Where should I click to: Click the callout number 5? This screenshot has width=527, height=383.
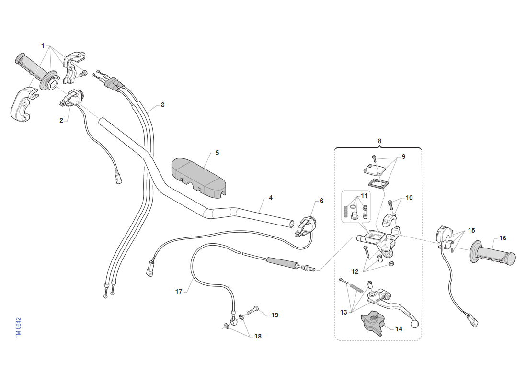coord(217,153)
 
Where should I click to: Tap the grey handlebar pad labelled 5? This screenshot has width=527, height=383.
coord(199,178)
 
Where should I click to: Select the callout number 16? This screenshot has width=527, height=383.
coord(503,238)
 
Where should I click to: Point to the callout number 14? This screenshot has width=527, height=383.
coord(399,329)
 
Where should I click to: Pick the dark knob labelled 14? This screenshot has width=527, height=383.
coord(372,323)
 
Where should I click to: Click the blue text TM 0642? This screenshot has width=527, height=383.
coord(19,328)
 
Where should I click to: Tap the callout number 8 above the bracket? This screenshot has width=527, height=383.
coord(379,141)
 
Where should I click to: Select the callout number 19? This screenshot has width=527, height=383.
coord(275,315)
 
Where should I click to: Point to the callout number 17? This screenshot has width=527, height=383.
coord(179,292)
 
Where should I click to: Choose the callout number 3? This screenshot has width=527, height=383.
coord(163,105)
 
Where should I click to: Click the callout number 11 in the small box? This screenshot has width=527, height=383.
coord(364,196)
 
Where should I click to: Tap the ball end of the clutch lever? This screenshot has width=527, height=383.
coord(415,324)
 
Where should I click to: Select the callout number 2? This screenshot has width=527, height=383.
coord(61,120)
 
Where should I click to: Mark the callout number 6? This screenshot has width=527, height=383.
coord(321,201)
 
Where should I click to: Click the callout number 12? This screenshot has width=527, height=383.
coord(355,271)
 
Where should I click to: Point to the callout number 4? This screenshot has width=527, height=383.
coord(271,198)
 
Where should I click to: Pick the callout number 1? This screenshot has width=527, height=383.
coord(43,45)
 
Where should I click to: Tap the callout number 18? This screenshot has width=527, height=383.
coord(258,336)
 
